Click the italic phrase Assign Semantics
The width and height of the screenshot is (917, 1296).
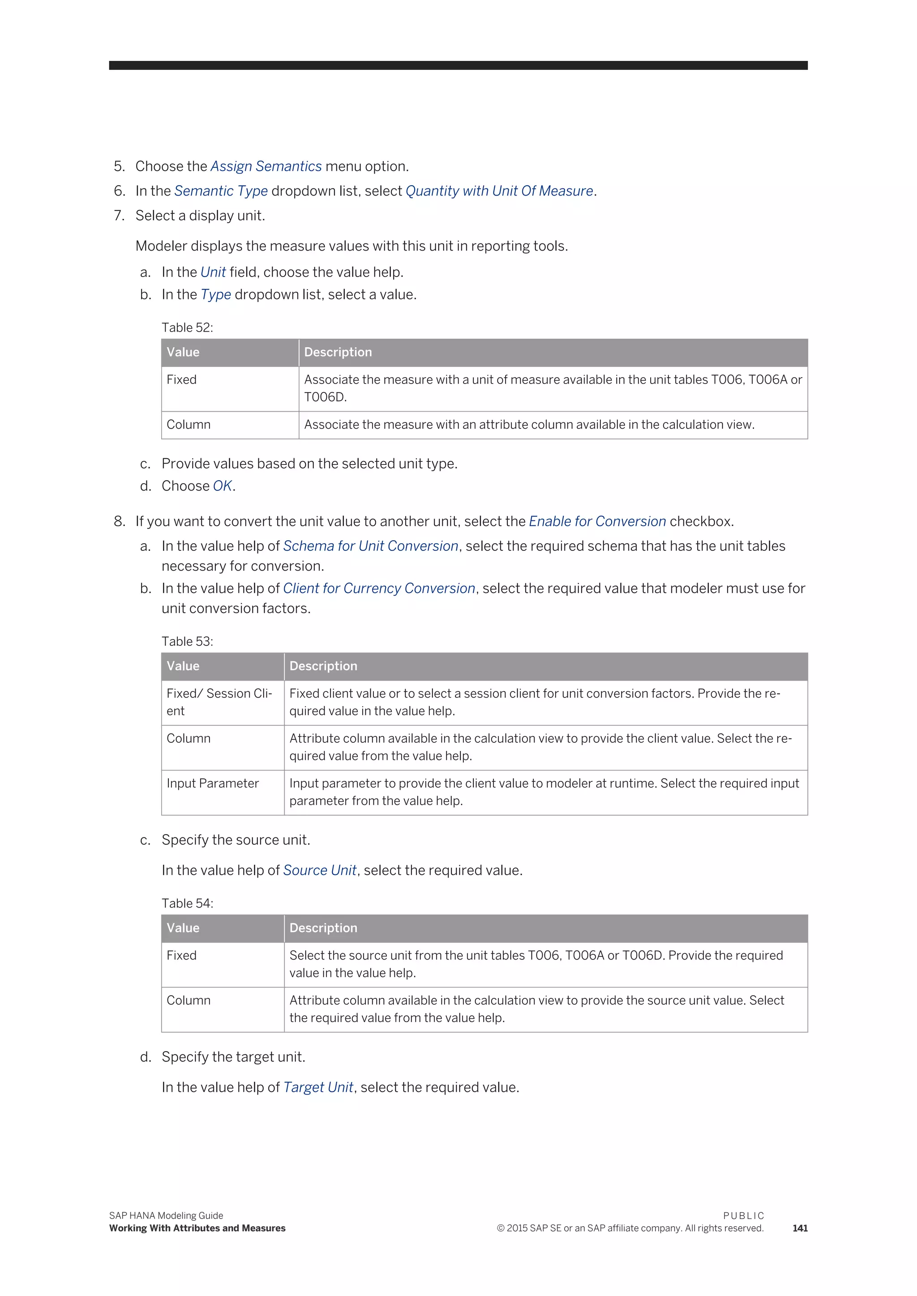click(x=266, y=166)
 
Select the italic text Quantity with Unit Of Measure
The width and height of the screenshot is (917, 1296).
click(x=499, y=192)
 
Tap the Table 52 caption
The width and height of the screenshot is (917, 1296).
click(x=187, y=328)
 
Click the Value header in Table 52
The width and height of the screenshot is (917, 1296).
click(x=183, y=352)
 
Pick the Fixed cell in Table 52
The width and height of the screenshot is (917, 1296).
click(x=182, y=380)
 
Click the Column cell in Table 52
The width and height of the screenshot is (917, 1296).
click(x=189, y=425)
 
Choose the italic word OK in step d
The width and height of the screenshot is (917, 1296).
click(x=223, y=486)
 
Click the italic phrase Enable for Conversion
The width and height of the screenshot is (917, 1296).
click(x=597, y=521)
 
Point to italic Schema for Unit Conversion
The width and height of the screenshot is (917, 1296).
click(x=370, y=546)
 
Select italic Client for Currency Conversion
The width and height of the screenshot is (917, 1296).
click(x=379, y=589)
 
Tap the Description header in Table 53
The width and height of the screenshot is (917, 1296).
click(x=324, y=666)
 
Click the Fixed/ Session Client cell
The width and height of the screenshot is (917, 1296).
click(x=219, y=702)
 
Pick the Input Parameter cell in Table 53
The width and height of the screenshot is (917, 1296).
click(x=212, y=784)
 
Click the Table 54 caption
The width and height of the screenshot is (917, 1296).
click(x=187, y=903)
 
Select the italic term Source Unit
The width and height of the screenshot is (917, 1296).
click(x=320, y=870)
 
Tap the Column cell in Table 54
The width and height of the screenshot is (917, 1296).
click(x=189, y=1000)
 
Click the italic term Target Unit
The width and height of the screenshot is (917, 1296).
click(x=318, y=1088)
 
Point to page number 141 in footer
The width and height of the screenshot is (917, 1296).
click(x=800, y=1228)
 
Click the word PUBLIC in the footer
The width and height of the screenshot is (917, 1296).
click(x=743, y=1216)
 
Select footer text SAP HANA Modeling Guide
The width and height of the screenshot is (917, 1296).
click(x=166, y=1216)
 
